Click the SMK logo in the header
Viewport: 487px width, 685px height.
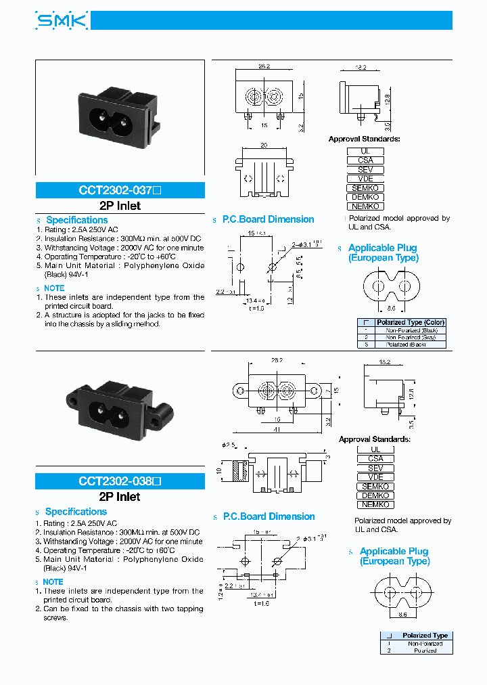pyautogui.click(x=62, y=22)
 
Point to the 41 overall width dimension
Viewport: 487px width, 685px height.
pyautogui.click(x=277, y=429)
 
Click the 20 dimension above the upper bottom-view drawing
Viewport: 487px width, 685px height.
pyautogui.click(x=264, y=145)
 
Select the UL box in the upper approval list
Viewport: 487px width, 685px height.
pyautogui.click(x=365, y=151)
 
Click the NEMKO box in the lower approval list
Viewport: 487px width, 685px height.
pyautogui.click(x=375, y=504)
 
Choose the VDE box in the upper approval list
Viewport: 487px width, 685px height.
pyautogui.click(x=365, y=179)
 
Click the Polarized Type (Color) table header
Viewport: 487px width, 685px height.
pyautogui.click(x=410, y=322)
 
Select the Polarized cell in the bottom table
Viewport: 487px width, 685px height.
pyautogui.click(x=425, y=650)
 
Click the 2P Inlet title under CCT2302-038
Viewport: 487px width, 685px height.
pyautogui.click(x=120, y=497)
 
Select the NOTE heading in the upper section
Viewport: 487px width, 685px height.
pyautogui.click(x=54, y=288)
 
